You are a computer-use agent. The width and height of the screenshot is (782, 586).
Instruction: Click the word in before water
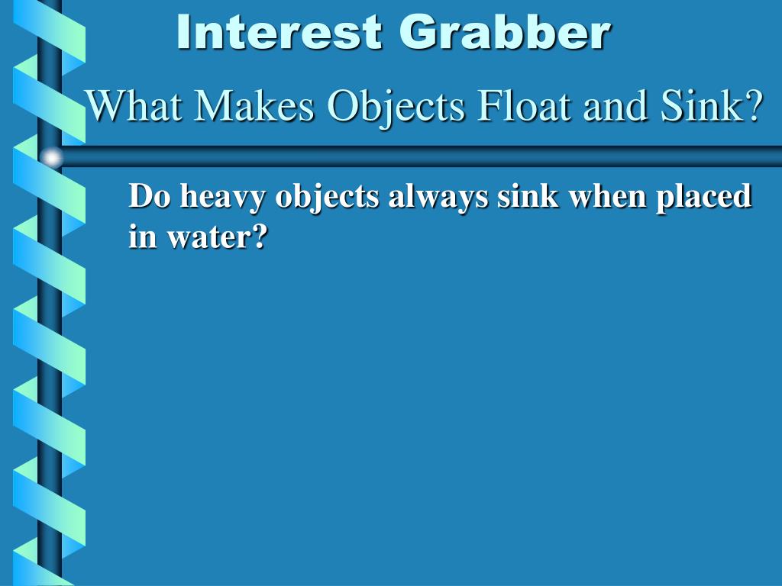click(141, 238)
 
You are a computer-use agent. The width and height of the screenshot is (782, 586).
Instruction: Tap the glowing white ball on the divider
click(51, 157)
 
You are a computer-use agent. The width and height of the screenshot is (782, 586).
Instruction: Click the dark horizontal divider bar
click(420, 156)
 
